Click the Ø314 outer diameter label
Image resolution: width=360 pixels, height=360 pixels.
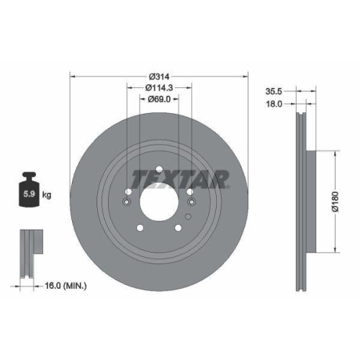pyautogui.click(x=159, y=76)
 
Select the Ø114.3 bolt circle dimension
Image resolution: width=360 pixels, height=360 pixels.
pyautogui.click(x=159, y=89)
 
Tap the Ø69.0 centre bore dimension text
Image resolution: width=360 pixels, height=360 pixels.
pyautogui.click(x=159, y=100)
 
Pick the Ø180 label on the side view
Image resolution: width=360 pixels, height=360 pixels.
pyautogui.click(x=345, y=201)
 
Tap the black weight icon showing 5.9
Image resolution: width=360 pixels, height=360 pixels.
pyautogui.click(x=30, y=189)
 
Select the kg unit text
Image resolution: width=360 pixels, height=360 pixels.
pyautogui.click(x=47, y=194)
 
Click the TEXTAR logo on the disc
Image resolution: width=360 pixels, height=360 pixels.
pyautogui.click(x=181, y=177)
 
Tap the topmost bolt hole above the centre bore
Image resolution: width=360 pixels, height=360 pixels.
pyautogui.click(x=158, y=170)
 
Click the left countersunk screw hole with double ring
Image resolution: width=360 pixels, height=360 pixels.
pyautogui.click(x=127, y=202)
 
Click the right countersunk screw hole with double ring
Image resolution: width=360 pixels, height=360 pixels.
pyautogui.click(x=190, y=202)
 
